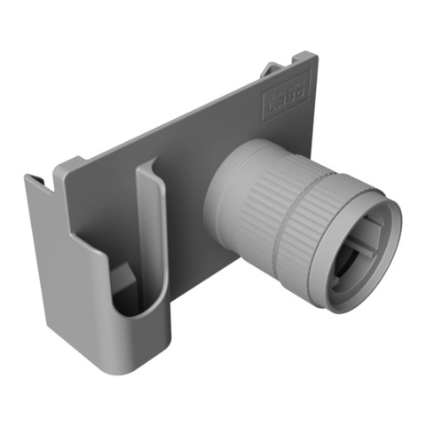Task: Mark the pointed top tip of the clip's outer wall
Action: click(28, 177)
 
